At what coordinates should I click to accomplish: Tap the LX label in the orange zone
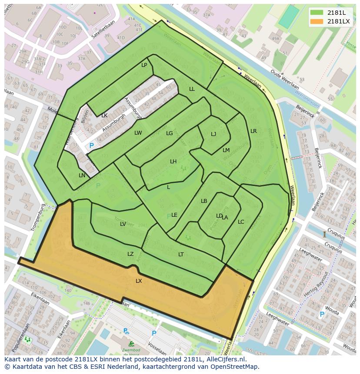(139, 281)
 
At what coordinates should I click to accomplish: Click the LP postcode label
(144, 65)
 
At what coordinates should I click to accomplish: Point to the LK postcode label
(104, 116)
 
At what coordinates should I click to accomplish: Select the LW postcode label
(138, 133)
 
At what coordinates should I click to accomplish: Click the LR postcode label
(253, 131)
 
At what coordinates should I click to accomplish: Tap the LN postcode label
(82, 175)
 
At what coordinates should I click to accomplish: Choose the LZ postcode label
(130, 254)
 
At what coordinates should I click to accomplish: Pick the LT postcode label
(181, 255)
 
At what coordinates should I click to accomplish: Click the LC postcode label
(241, 222)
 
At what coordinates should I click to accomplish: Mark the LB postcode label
(204, 201)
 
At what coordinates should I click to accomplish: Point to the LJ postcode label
(213, 134)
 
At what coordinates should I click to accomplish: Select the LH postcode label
(173, 162)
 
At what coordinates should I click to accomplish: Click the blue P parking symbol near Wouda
(322, 314)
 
